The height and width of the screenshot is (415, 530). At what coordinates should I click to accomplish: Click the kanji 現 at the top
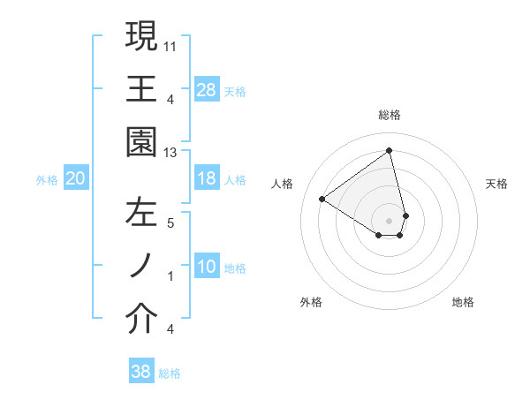[141, 36]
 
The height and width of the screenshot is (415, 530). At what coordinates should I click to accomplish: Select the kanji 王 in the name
[141, 90]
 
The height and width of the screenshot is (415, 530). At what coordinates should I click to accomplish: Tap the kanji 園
[141, 143]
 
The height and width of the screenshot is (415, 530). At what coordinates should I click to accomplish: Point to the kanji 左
[141, 215]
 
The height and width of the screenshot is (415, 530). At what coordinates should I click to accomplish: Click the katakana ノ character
[141, 268]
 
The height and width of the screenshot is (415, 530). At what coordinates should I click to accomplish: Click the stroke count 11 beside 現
[170, 44]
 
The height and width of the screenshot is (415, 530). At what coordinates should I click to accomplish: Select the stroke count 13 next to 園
[170, 153]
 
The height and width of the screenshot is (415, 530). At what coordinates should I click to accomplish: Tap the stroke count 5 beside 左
[170, 223]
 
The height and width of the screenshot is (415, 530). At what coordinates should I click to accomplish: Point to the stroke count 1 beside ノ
[170, 276]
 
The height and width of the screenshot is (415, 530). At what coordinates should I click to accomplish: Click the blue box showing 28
[206, 90]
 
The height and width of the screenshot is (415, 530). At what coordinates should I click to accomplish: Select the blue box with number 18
[206, 179]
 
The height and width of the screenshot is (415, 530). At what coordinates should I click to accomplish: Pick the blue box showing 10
[206, 268]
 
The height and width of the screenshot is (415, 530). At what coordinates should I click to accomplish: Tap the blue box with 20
[76, 179]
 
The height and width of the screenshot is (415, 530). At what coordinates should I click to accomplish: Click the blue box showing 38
[141, 373]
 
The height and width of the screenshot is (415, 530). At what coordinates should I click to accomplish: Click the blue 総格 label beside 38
[170, 373]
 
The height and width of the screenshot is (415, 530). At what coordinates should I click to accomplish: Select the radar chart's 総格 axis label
[389, 115]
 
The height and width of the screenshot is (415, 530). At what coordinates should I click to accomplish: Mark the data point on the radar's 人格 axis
[322, 199]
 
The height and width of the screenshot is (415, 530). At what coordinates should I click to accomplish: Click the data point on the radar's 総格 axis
[389, 151]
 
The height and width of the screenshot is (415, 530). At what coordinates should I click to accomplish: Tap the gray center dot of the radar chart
[389, 219]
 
